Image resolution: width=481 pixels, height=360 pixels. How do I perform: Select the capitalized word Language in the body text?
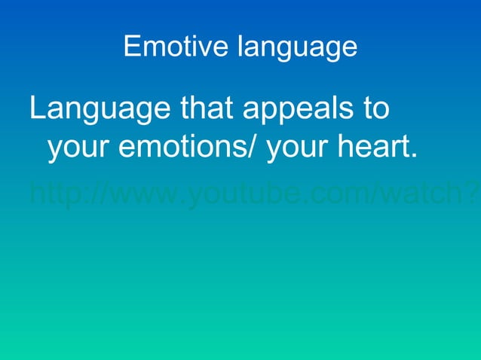[99, 111]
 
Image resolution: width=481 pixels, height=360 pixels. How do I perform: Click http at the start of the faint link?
[53, 195]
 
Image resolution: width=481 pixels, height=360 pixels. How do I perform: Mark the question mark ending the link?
[473, 195]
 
